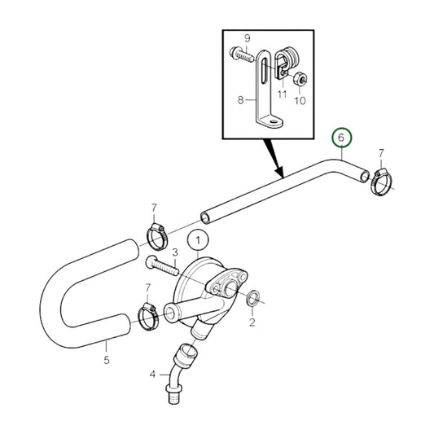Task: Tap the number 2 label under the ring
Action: [x=252, y=323]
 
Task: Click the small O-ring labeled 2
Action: [x=253, y=298]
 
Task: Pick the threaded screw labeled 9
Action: [x=245, y=56]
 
